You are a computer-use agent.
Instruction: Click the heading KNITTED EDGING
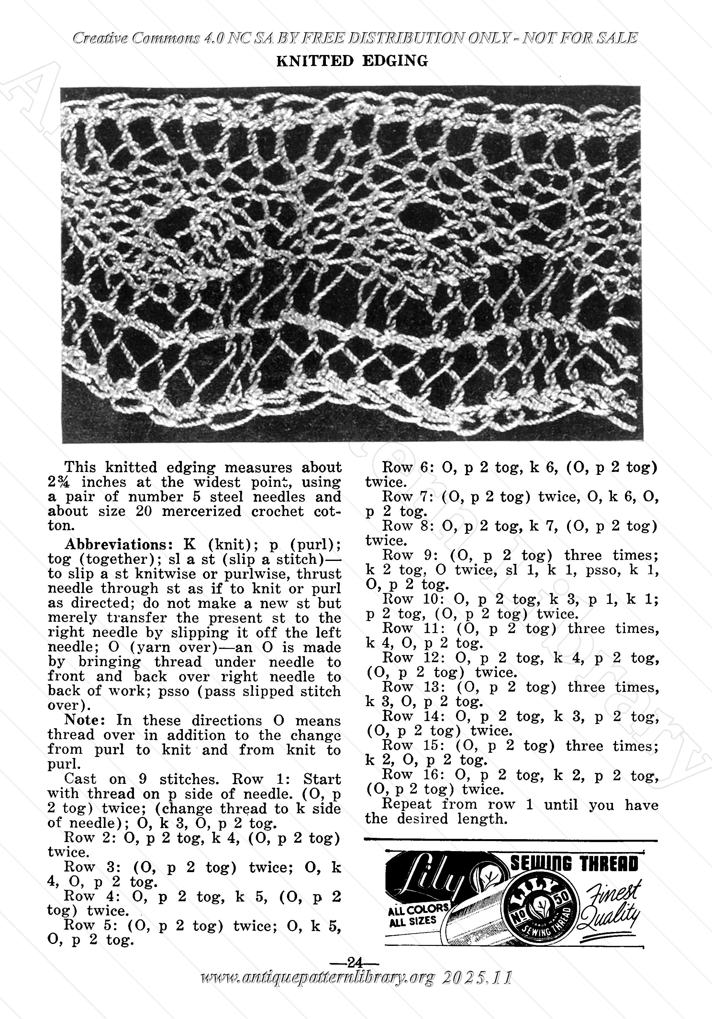(x=352, y=61)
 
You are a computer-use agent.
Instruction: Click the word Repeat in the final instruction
(x=406, y=804)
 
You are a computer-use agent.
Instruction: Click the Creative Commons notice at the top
(x=355, y=38)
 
